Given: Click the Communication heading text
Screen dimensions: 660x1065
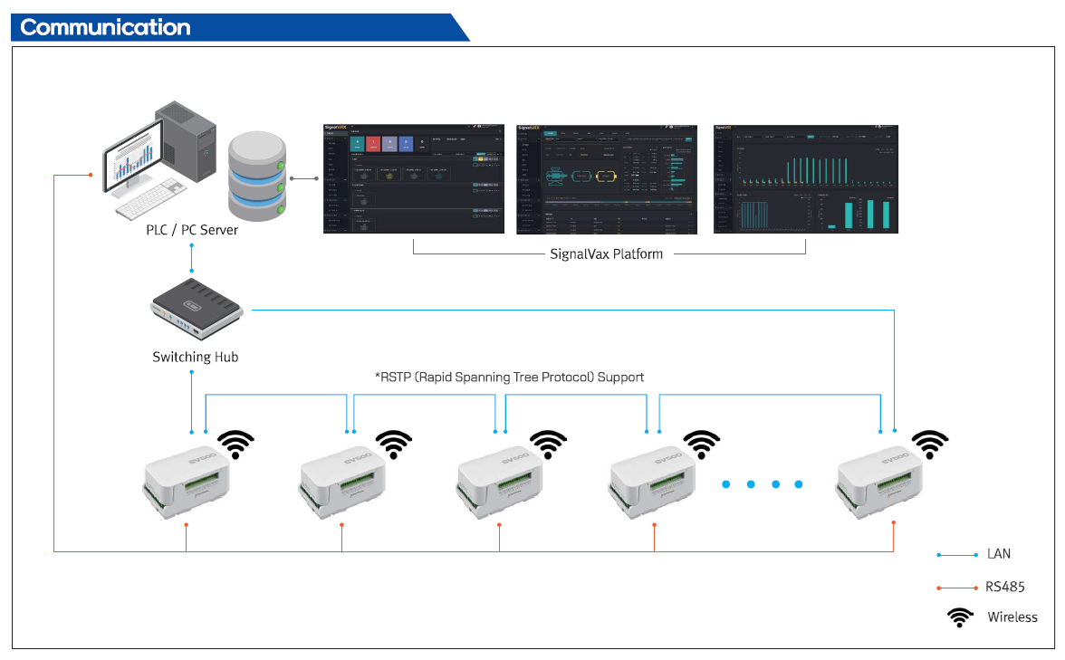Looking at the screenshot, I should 105,27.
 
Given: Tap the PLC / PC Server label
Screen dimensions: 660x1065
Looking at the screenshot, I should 192,230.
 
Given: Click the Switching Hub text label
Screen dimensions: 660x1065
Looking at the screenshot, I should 196,357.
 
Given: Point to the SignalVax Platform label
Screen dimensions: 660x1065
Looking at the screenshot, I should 607,254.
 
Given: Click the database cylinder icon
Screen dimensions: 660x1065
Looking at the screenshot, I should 257,177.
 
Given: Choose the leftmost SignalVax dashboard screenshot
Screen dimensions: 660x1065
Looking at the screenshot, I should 414,179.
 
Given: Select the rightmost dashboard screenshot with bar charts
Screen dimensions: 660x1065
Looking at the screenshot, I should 806,179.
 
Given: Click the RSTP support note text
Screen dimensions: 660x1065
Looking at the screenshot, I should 509,377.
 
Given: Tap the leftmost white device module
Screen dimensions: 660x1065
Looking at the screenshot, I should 187,481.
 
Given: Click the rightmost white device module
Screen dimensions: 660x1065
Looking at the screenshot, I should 879,481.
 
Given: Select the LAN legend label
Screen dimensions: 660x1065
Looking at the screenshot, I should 999,554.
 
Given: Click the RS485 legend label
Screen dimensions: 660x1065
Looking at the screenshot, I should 1005,587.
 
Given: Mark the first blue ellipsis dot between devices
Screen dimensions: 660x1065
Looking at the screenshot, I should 726,484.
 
